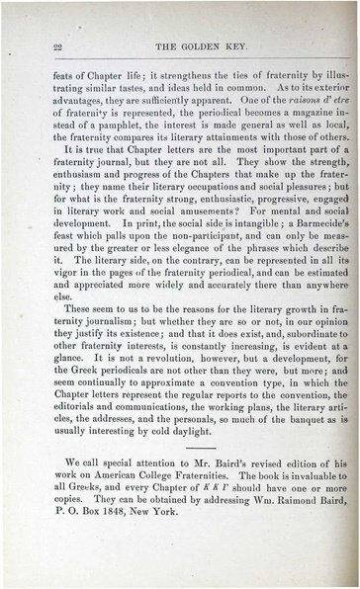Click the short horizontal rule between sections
187,470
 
